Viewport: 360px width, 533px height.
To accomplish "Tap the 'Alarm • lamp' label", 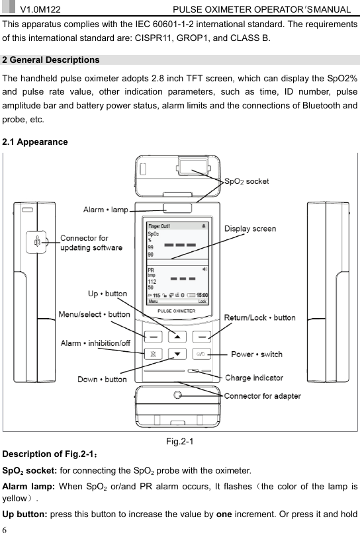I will (x=105, y=210).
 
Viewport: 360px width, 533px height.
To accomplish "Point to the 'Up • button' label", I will (x=108, y=293).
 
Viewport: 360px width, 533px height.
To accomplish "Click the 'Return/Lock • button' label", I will (x=260, y=317).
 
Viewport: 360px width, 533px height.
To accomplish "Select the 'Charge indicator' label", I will (x=254, y=378).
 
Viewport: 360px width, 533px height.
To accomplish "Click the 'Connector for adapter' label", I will (x=263, y=396).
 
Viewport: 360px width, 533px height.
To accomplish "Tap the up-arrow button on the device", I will (x=177, y=335).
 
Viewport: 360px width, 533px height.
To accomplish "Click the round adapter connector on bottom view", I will (x=177, y=395).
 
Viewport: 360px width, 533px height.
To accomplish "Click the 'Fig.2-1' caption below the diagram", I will (x=180, y=442).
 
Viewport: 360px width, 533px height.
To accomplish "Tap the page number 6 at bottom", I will (x=5, y=528).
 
